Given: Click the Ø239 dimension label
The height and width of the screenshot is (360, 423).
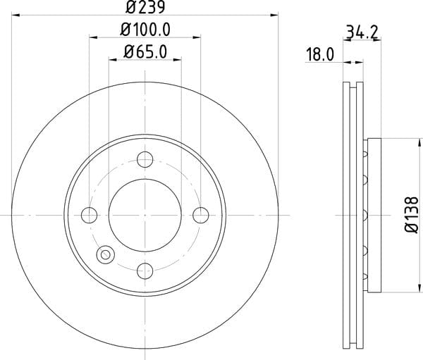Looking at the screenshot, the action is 145,7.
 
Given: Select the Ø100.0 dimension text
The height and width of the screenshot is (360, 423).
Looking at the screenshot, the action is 145,30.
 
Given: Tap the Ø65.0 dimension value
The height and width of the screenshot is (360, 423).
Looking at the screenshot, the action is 145,51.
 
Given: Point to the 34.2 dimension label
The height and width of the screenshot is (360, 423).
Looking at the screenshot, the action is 362,32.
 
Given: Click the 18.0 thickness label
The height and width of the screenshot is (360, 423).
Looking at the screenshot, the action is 320,54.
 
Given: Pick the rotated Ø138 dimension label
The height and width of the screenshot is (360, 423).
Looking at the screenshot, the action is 412,215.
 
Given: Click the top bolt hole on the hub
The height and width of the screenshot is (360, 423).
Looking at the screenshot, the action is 145,159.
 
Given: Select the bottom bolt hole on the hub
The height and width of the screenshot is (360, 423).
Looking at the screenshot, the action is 145,271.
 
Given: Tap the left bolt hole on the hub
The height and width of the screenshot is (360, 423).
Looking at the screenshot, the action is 89,215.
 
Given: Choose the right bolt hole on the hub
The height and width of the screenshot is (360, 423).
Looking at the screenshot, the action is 201,215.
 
